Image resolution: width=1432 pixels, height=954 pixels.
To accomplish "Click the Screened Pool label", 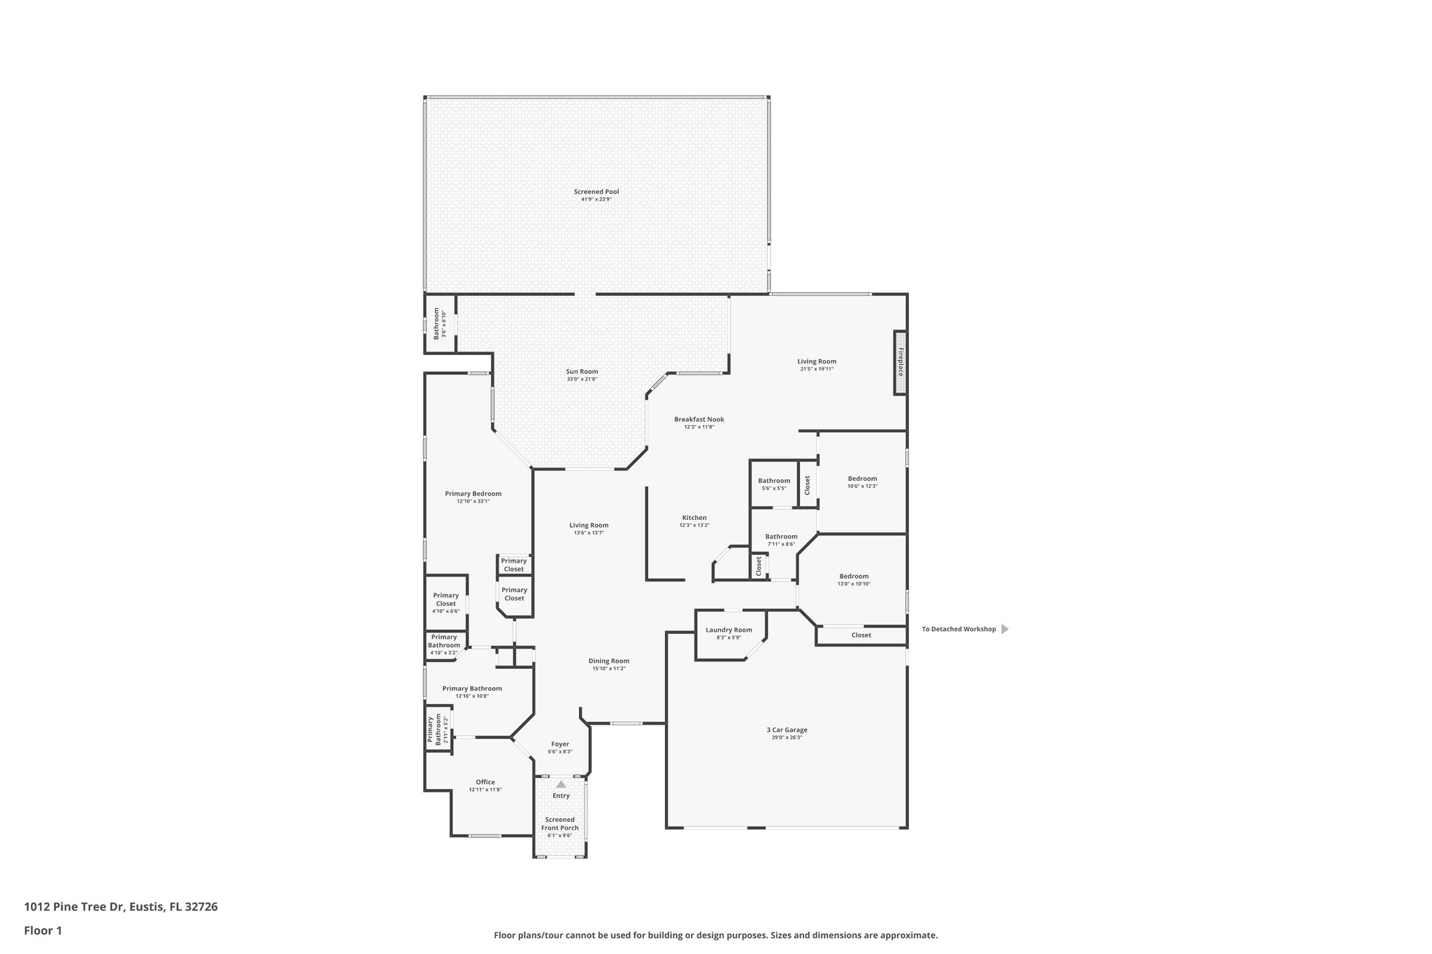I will (x=596, y=191).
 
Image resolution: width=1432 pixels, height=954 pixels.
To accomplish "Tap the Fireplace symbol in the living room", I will (x=900, y=362).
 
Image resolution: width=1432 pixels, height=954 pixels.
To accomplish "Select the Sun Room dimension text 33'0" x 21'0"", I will (x=582, y=380).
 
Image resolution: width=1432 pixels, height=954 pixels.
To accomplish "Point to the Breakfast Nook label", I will (x=699, y=419).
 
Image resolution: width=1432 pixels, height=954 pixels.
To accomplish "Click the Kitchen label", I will (x=694, y=518).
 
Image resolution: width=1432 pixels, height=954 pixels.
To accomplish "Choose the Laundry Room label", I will (x=729, y=630).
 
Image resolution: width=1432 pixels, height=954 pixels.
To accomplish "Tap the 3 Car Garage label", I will (x=787, y=730).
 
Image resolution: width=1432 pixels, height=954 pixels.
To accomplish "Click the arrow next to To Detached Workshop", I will (x=1005, y=629).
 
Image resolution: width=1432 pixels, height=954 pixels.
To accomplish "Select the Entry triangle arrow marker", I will (x=561, y=784).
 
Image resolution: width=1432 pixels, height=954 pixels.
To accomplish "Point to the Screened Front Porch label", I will (x=559, y=823).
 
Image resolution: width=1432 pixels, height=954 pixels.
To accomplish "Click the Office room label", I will (x=485, y=782).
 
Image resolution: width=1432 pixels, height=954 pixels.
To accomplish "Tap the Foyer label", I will (x=559, y=744).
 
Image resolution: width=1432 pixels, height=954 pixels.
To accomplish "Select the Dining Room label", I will (x=608, y=660).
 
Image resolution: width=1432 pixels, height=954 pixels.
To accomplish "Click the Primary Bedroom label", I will (x=473, y=493).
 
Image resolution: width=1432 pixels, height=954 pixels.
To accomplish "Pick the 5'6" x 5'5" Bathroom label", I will (x=774, y=481).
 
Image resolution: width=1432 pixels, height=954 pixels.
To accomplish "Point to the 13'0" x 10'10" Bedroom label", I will (x=854, y=577).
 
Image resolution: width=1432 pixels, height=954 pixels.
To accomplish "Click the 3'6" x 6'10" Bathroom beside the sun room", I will (x=438, y=324).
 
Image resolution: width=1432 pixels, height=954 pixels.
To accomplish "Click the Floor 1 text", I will (x=43, y=930).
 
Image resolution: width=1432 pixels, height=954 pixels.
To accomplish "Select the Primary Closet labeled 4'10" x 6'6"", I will (x=445, y=600).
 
